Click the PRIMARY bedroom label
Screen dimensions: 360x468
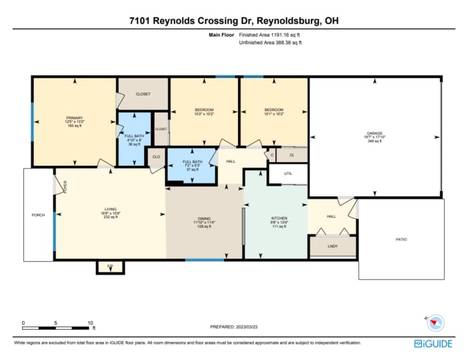coord(74,118)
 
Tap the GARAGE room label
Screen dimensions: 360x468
coord(374,133)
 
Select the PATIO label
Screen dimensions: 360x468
coord(400,239)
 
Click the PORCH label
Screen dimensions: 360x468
coord(38,215)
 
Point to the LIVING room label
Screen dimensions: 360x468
coord(110,209)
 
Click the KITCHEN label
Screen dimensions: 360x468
coord(279,218)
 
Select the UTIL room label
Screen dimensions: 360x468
coord(288,173)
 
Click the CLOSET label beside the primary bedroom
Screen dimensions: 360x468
coord(142,94)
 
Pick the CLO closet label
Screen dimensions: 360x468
coord(156,158)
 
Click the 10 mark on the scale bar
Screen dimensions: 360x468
coord(90,323)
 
